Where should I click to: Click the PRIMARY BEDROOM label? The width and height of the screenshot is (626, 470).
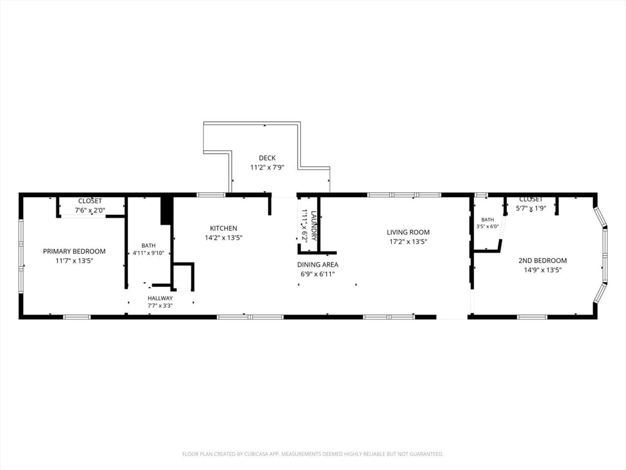(x=74, y=252)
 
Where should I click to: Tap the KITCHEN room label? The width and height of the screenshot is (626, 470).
(x=224, y=228)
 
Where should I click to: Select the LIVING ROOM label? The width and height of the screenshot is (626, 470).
(x=408, y=232)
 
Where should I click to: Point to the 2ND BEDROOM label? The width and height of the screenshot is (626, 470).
(x=543, y=261)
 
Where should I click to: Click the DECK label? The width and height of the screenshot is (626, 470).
(x=267, y=158)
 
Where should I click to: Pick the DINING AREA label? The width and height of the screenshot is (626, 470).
(x=318, y=264)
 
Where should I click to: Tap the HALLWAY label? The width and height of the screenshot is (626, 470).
(x=160, y=298)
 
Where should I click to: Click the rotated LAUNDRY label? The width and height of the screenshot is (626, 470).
(x=314, y=226)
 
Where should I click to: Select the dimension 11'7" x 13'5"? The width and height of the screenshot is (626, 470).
(x=74, y=261)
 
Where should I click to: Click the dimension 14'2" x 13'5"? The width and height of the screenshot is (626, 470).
(x=224, y=238)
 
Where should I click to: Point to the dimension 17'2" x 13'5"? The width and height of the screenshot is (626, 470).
(x=408, y=242)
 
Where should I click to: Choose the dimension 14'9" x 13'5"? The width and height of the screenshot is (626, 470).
(x=543, y=270)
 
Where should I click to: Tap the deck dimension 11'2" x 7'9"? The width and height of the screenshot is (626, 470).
(x=267, y=168)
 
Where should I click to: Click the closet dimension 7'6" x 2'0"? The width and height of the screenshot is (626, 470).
(x=90, y=211)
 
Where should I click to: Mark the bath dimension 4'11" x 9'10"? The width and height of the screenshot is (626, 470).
(x=149, y=253)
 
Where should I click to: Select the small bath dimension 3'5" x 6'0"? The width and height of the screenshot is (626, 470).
(x=487, y=226)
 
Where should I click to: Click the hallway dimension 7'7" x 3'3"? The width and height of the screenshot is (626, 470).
(x=160, y=306)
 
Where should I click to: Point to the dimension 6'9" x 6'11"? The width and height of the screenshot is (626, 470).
(x=318, y=274)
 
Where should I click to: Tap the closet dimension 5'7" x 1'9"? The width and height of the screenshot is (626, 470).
(x=531, y=208)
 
